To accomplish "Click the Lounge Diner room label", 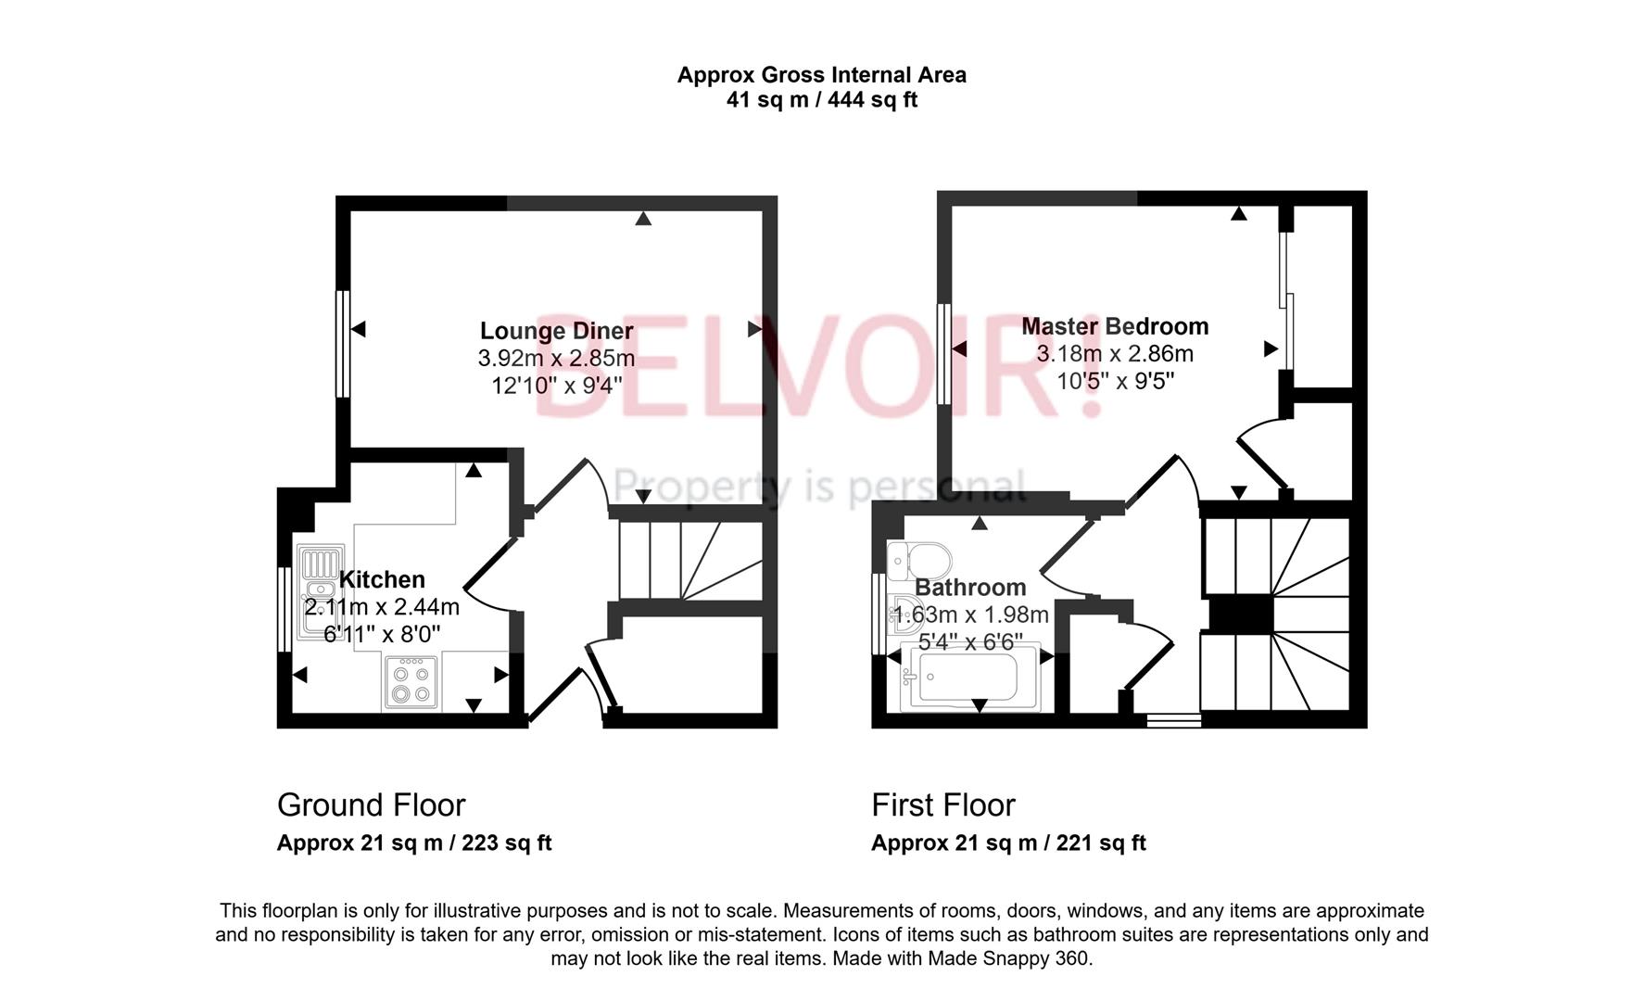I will pyautogui.click(x=556, y=331).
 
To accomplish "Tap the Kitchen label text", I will pyautogui.click(x=382, y=580).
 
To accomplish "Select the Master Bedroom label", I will pyautogui.click(x=1115, y=326).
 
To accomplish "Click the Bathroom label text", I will pyautogui.click(x=970, y=588).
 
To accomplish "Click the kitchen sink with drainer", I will pyautogui.click(x=320, y=589).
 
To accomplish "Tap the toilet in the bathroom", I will pyautogui.click(x=919, y=560).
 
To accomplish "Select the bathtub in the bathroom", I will pyautogui.click(x=964, y=677).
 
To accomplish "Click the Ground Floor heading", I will pyautogui.click(x=371, y=805).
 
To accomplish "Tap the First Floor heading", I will pyautogui.click(x=942, y=805).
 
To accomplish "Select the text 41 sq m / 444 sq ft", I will pyautogui.click(x=821, y=100).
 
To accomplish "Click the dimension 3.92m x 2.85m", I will pyautogui.click(x=556, y=358).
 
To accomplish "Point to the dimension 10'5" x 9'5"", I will pyautogui.click(x=1115, y=381).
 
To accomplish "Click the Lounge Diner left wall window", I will pyautogui.click(x=342, y=344).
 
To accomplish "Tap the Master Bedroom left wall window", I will pyautogui.click(x=943, y=353).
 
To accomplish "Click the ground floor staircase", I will pyautogui.click(x=690, y=560).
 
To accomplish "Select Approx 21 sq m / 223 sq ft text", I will pyautogui.click(x=413, y=843).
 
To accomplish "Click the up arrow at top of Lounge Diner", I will pyautogui.click(x=643, y=219).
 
